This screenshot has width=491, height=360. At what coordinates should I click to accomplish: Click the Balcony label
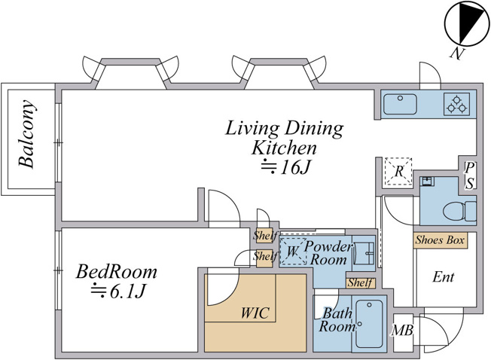[x=26, y=134]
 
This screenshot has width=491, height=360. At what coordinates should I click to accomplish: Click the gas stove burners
[x=456, y=104]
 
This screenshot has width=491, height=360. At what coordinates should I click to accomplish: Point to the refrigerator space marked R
[x=398, y=171]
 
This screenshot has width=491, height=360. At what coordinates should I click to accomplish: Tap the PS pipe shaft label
[x=468, y=176]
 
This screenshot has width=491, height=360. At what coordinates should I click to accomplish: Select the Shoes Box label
[x=440, y=240]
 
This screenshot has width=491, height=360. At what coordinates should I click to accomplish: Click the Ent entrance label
[x=443, y=276]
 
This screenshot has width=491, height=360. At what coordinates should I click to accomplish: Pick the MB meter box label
[x=403, y=330]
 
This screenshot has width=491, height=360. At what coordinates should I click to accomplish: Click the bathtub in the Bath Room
[x=370, y=324]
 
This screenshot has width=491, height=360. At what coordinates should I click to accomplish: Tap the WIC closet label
[x=255, y=313]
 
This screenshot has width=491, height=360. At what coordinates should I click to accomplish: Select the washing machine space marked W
[x=293, y=251]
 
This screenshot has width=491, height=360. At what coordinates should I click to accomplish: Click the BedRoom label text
[x=116, y=272]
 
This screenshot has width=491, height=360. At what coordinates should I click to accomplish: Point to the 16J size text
[x=285, y=167]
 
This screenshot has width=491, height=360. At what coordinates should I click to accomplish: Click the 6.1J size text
[x=118, y=291]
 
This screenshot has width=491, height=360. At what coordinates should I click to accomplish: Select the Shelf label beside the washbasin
[x=360, y=282]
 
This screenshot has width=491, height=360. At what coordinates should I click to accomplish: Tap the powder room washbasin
[x=364, y=253]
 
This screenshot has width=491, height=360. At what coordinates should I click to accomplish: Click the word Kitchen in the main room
[x=284, y=148]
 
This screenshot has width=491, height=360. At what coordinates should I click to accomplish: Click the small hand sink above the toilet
[x=427, y=182]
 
